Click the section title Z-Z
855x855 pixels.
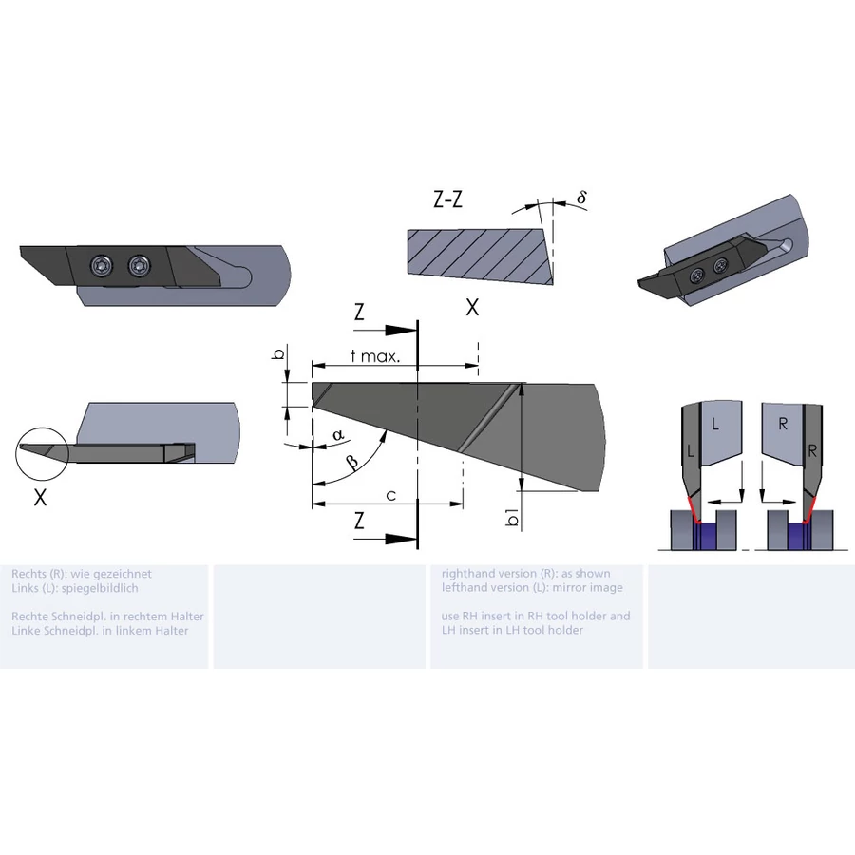pyautogui.click(x=447, y=199)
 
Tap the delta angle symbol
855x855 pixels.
pyautogui.click(x=581, y=197)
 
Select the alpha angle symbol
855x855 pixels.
pyautogui.click(x=338, y=434)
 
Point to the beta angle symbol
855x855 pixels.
pyautogui.click(x=353, y=463)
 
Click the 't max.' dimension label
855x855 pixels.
pyautogui.click(x=375, y=356)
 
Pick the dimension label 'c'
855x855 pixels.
pyautogui.click(x=391, y=496)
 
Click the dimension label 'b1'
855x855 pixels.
pyautogui.click(x=512, y=517)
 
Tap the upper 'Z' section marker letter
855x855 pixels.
pyautogui.click(x=359, y=312)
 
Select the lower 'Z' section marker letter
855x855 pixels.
pyautogui.click(x=359, y=521)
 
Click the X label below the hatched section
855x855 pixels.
pyautogui.click(x=472, y=308)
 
